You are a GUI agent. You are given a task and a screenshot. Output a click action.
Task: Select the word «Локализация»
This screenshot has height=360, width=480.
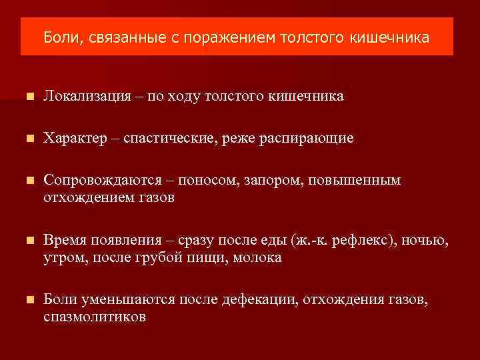click(x=87, y=97)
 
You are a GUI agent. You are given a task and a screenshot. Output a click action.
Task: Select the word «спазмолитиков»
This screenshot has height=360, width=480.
click(x=95, y=317)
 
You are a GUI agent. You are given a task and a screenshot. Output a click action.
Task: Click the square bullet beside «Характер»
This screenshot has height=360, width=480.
click(x=26, y=139)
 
